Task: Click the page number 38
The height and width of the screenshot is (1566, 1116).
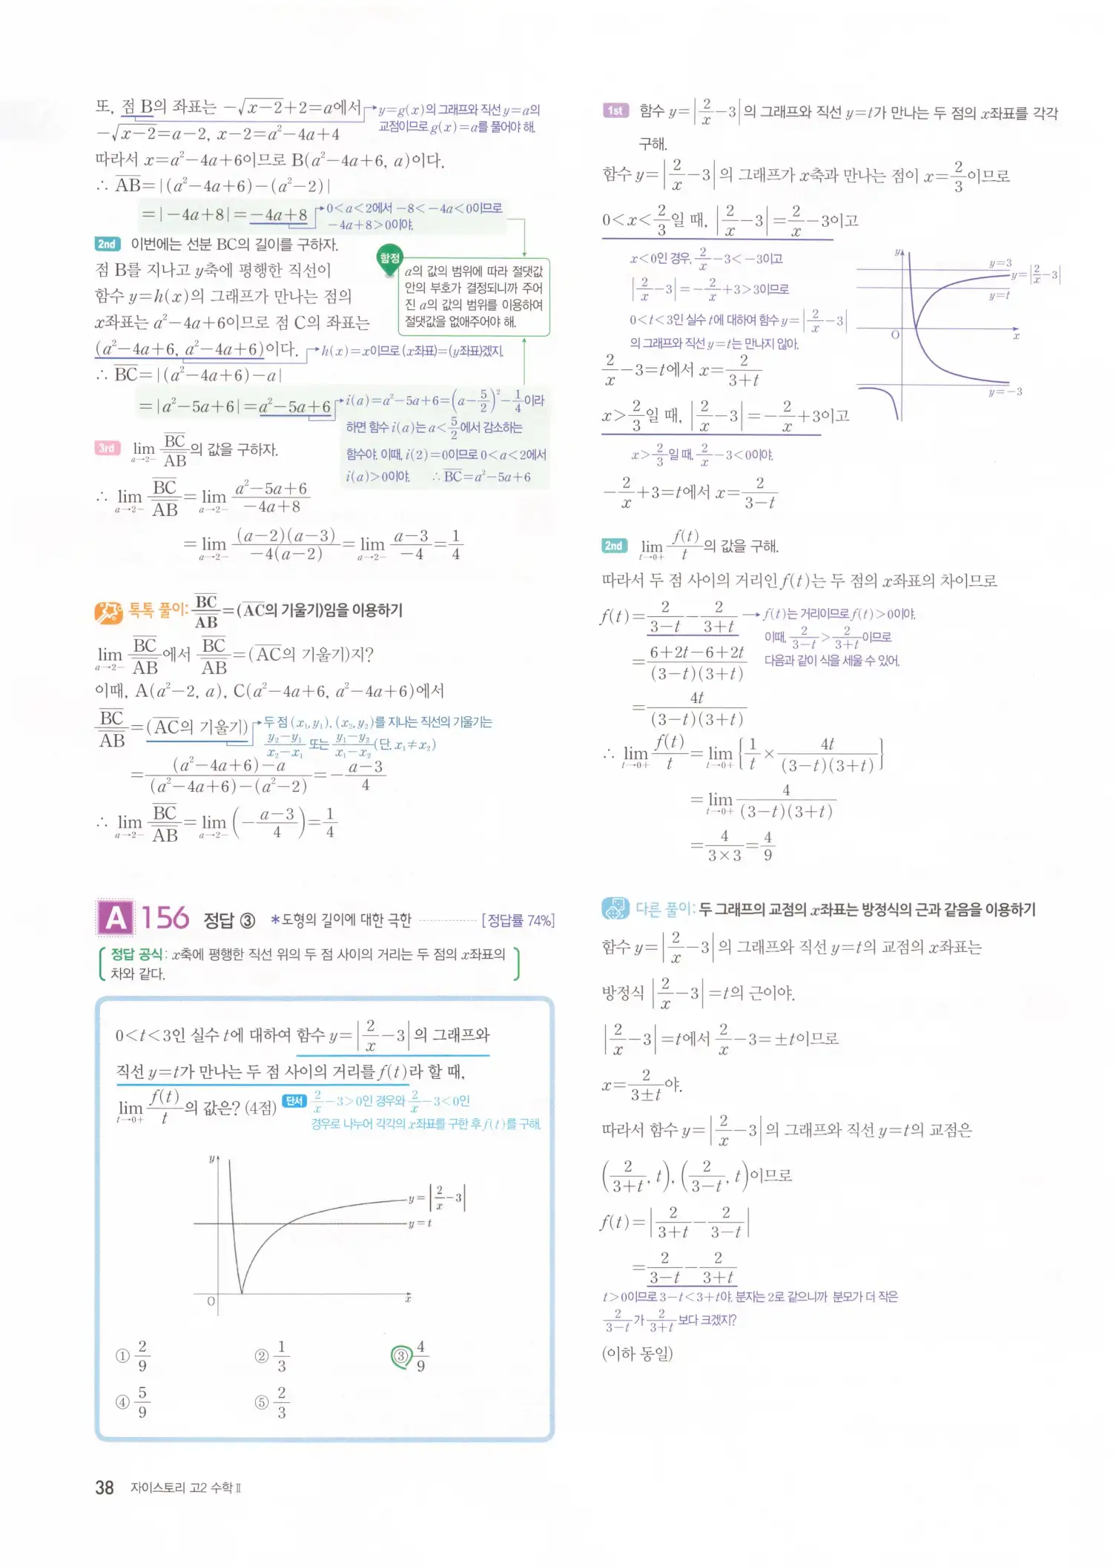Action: [105, 1487]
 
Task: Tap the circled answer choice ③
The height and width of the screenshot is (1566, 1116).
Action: [401, 1356]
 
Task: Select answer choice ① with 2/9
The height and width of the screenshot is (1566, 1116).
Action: [123, 1356]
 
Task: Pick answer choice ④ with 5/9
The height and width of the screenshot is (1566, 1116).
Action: [123, 1402]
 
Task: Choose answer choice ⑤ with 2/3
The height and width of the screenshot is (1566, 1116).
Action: [262, 1402]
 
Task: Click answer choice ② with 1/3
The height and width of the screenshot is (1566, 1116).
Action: [262, 1356]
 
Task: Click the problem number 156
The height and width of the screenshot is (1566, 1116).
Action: [166, 919]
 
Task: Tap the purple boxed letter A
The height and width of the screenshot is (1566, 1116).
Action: [116, 919]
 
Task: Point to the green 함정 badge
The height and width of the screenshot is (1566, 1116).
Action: [389, 258]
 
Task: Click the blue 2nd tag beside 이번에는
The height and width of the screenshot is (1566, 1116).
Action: [108, 244]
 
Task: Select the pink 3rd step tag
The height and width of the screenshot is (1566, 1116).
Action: [108, 448]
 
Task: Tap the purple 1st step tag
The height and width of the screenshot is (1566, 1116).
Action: [615, 111]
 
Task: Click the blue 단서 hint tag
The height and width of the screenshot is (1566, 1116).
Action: [294, 1101]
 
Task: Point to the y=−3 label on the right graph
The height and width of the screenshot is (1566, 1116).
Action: [1006, 391]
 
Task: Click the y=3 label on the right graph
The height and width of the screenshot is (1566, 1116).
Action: [1000, 263]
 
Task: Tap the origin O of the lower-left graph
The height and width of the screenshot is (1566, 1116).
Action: [211, 1301]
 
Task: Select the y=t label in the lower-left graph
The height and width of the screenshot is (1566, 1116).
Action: [420, 1223]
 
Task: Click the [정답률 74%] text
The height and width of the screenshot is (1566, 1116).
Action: [518, 920]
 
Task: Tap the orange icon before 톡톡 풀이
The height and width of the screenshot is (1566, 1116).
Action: [109, 612]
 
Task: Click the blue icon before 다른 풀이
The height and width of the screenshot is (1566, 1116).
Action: [615, 908]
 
